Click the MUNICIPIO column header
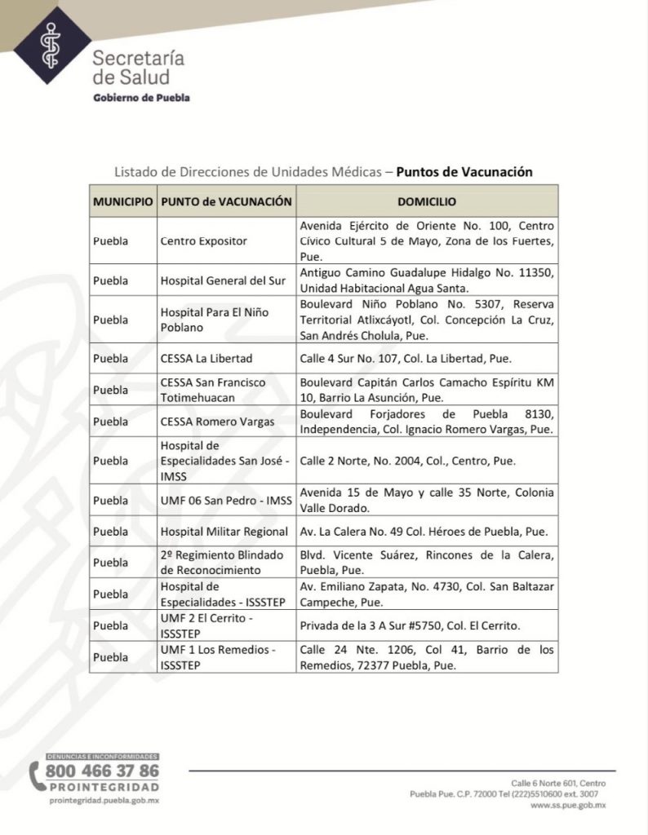pos(122,201)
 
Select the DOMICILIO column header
pos(427,201)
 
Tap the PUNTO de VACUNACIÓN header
pos(226,201)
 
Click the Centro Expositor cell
pos(203,241)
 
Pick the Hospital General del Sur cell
pos(223,281)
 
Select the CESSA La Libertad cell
pos(206,358)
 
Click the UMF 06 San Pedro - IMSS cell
pos(221,500)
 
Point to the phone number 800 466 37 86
pos(103,771)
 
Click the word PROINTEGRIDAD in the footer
pos(104,787)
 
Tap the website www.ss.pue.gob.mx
pos(568,805)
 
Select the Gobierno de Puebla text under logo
pos(142,98)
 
